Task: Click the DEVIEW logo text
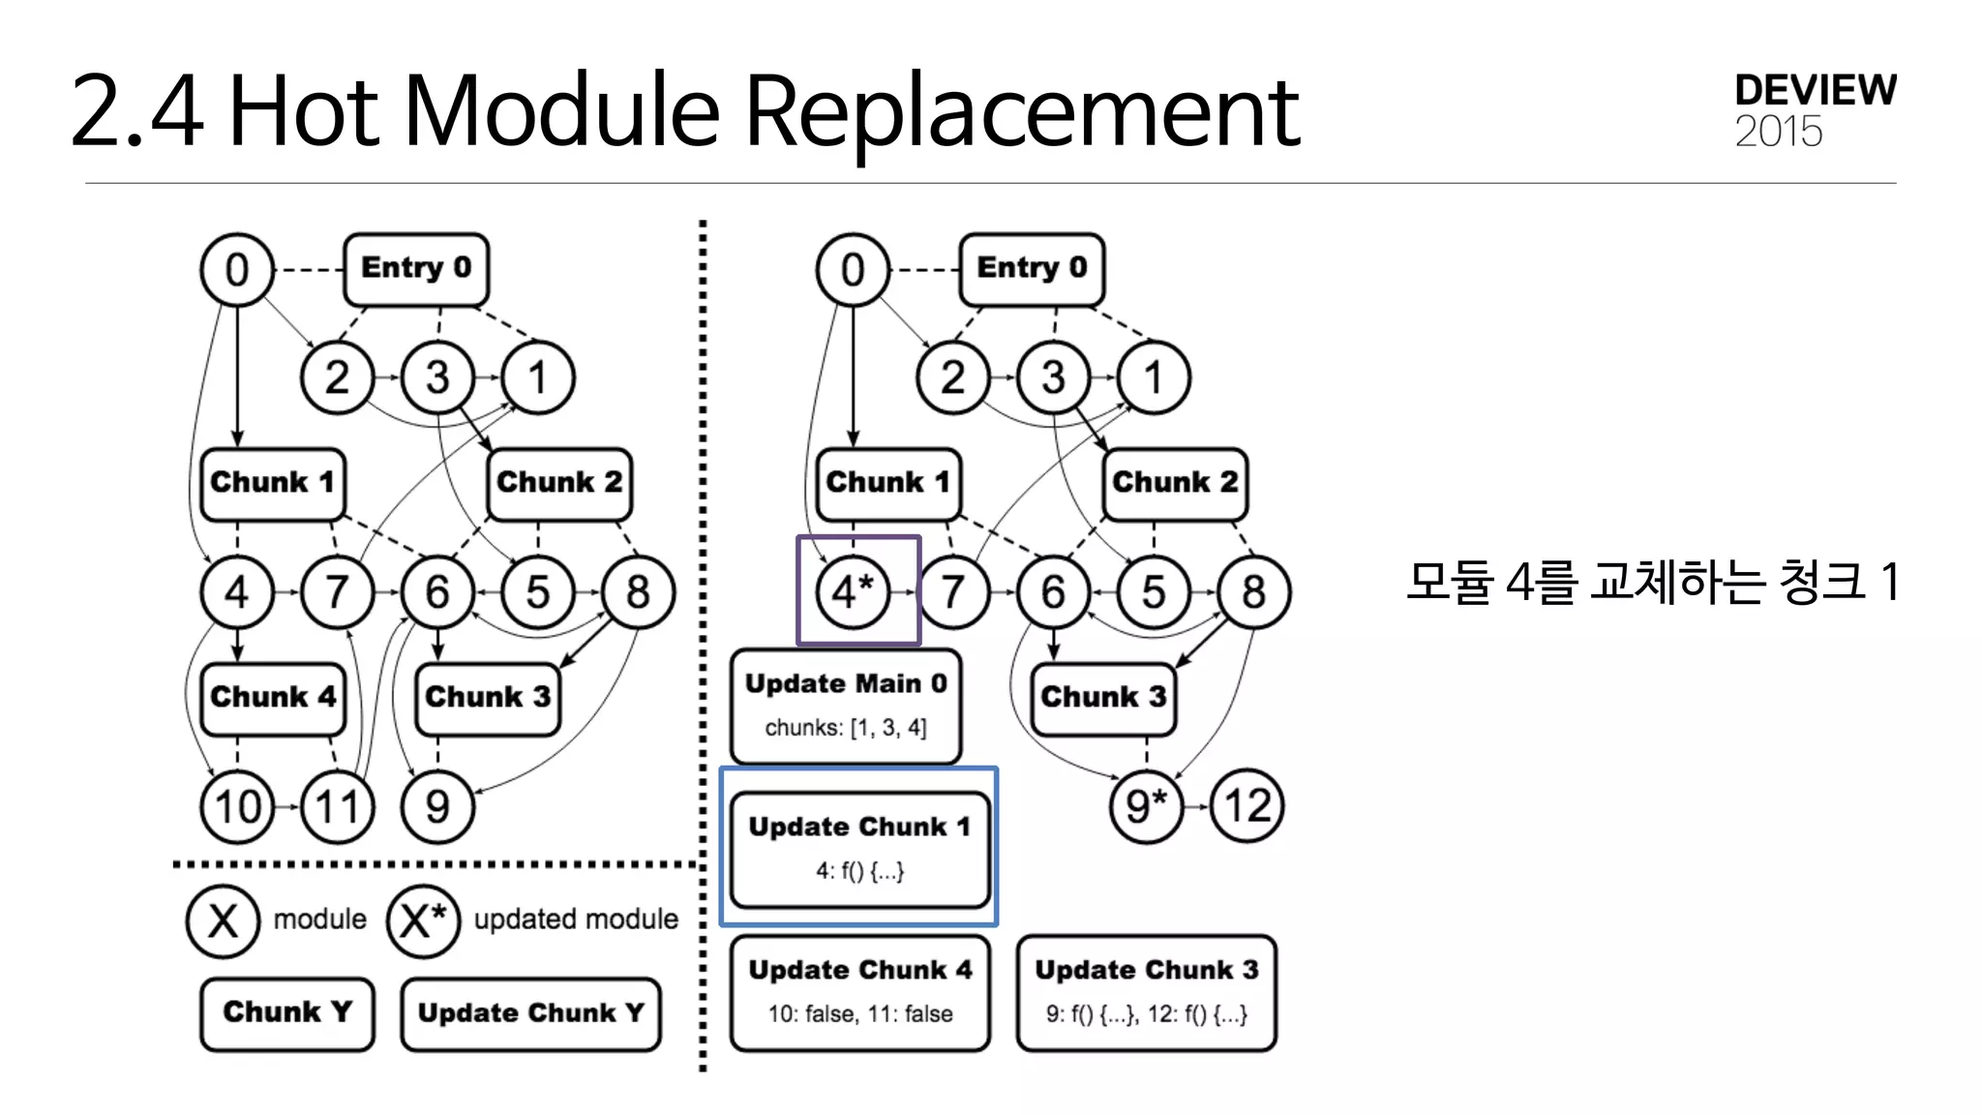1815,90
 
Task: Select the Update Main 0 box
846,706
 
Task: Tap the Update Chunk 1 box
859,849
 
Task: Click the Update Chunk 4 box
859,992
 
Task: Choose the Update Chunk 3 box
1146,992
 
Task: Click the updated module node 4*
852,591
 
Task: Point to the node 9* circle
1146,806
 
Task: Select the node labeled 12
1246,806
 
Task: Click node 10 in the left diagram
237,806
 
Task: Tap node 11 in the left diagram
337,806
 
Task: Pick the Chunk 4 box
273,698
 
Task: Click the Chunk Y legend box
286,1012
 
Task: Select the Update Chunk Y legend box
530,1013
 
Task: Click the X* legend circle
422,920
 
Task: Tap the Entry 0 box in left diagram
415,268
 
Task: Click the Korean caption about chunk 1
1652,583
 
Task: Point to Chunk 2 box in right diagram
1174,483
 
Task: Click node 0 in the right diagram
852,269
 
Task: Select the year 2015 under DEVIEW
1778,133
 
